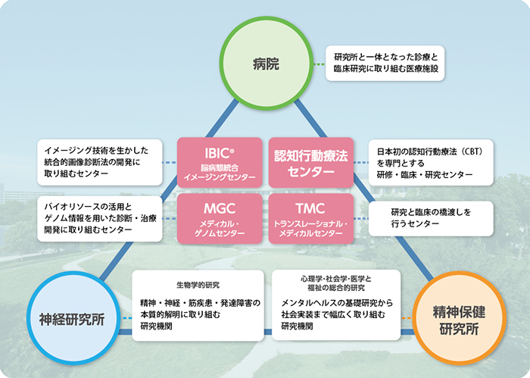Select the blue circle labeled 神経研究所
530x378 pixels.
point(72,315)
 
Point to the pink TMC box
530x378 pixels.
point(310,218)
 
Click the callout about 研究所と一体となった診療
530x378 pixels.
point(386,62)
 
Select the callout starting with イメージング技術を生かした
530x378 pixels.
point(99,162)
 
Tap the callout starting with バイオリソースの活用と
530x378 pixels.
point(99,218)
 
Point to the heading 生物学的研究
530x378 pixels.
point(198,285)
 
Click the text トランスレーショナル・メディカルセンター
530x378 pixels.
point(310,228)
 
